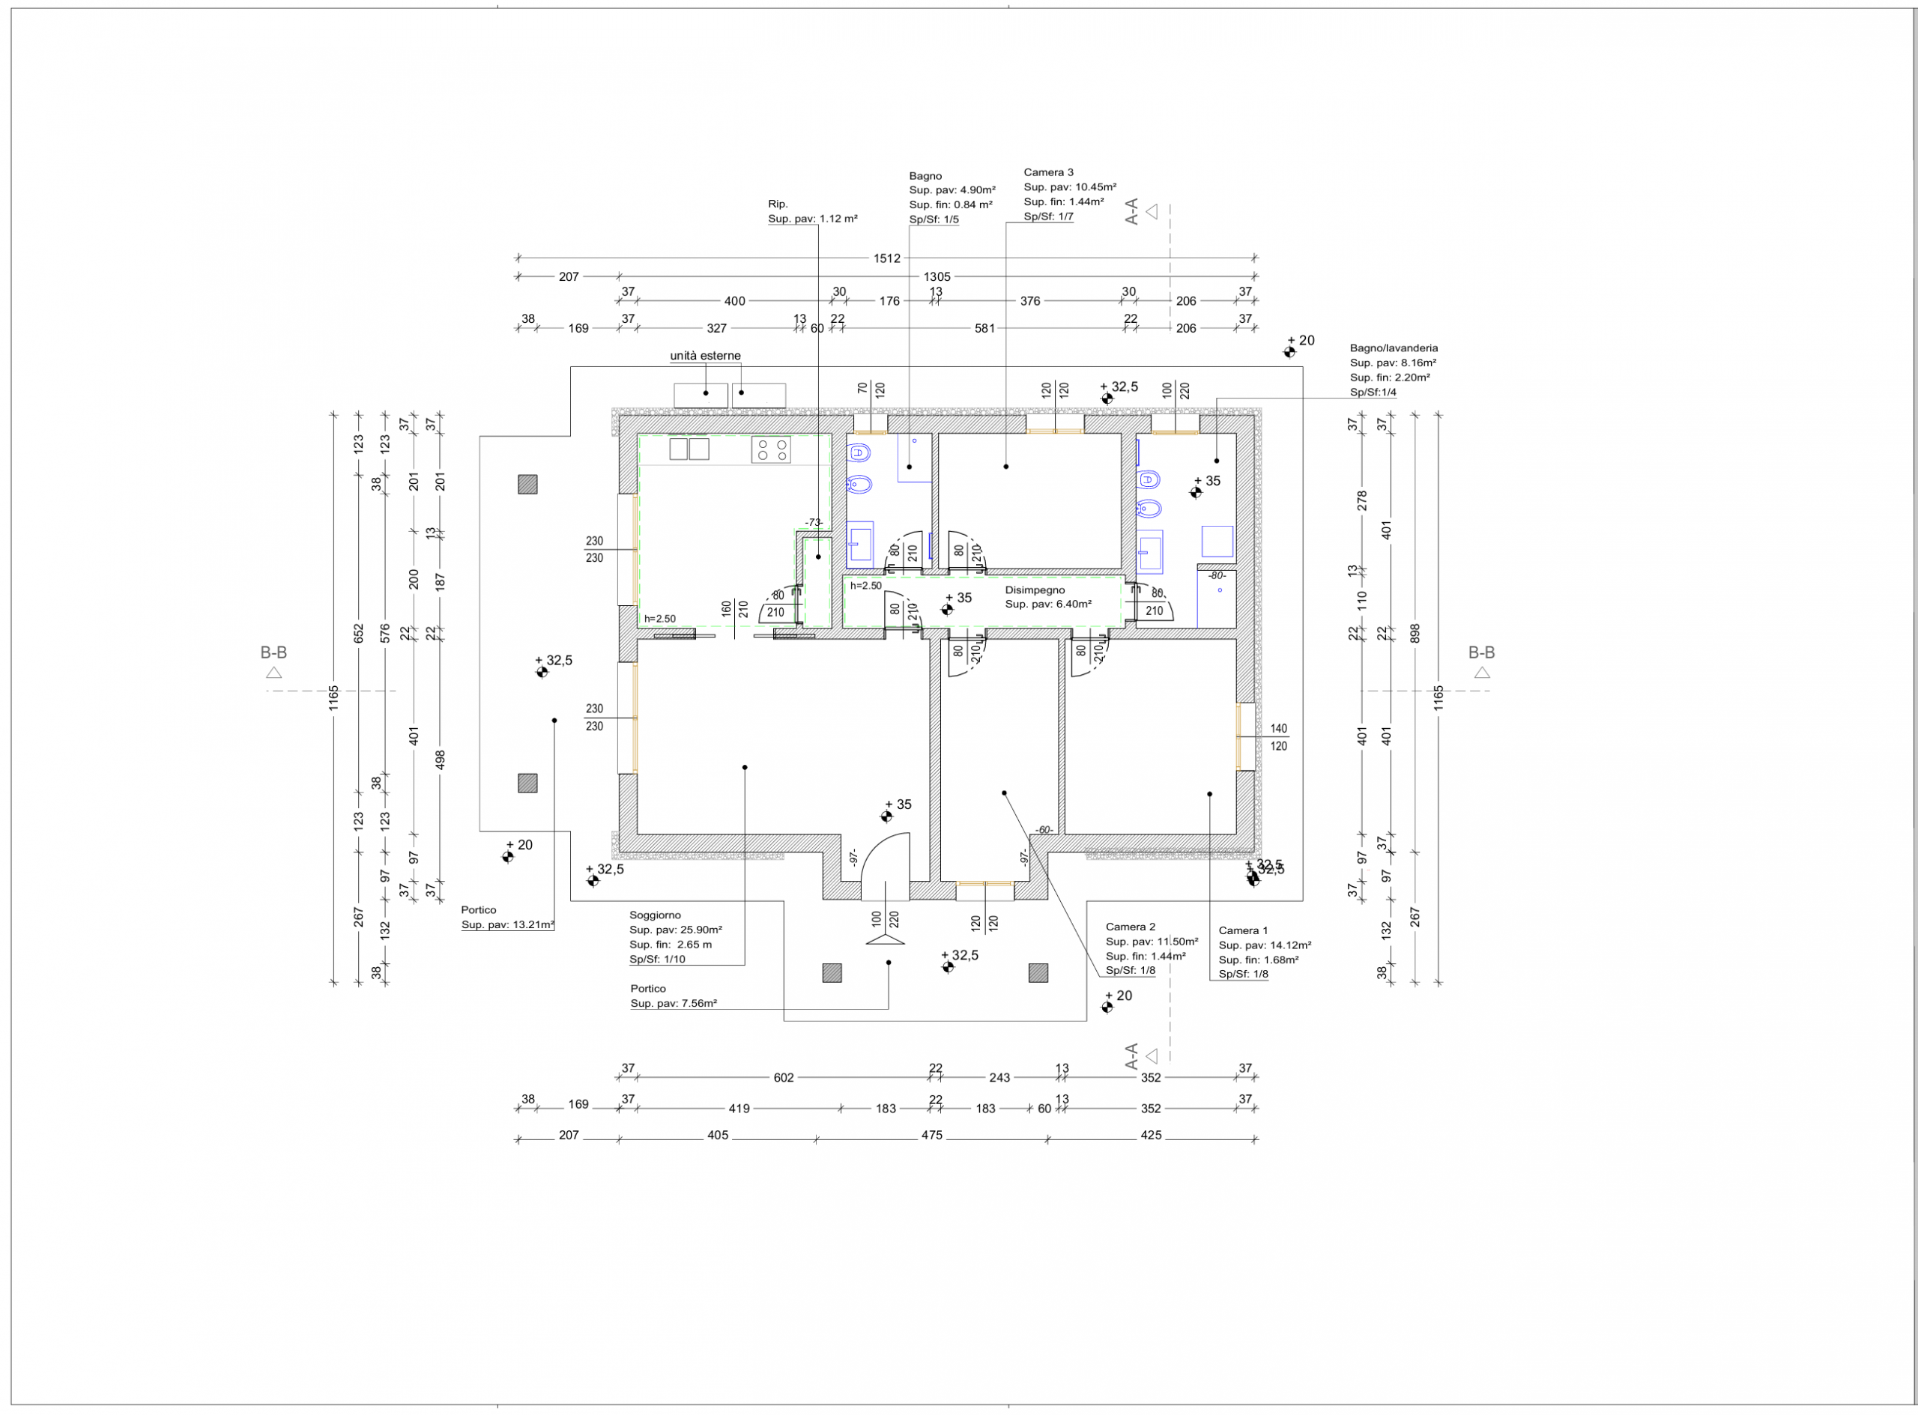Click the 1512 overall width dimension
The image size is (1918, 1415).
(x=886, y=258)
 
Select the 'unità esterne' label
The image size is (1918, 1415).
(x=705, y=356)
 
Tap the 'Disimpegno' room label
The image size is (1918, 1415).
(x=1035, y=590)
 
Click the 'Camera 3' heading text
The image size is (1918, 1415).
(x=1048, y=172)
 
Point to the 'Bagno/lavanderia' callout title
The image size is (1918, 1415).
(x=1394, y=348)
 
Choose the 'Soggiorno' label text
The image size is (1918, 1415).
(x=656, y=915)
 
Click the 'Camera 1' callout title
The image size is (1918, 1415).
(x=1243, y=930)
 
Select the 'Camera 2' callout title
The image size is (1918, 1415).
(x=1130, y=927)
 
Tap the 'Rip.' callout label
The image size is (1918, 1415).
(x=778, y=204)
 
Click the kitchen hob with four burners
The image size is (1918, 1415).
(x=771, y=449)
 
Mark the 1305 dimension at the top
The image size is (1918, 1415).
(x=937, y=276)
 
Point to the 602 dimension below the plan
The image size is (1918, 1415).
(x=784, y=1077)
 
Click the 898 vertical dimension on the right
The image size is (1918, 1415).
(x=1415, y=633)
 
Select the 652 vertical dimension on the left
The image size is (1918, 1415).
(x=359, y=633)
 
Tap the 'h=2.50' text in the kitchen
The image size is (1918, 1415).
(x=659, y=619)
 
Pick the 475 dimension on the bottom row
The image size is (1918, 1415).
(x=931, y=1135)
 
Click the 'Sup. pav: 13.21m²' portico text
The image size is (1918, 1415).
(x=507, y=925)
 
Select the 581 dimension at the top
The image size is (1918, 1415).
(x=985, y=328)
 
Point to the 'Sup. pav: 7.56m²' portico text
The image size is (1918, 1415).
(x=674, y=1003)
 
